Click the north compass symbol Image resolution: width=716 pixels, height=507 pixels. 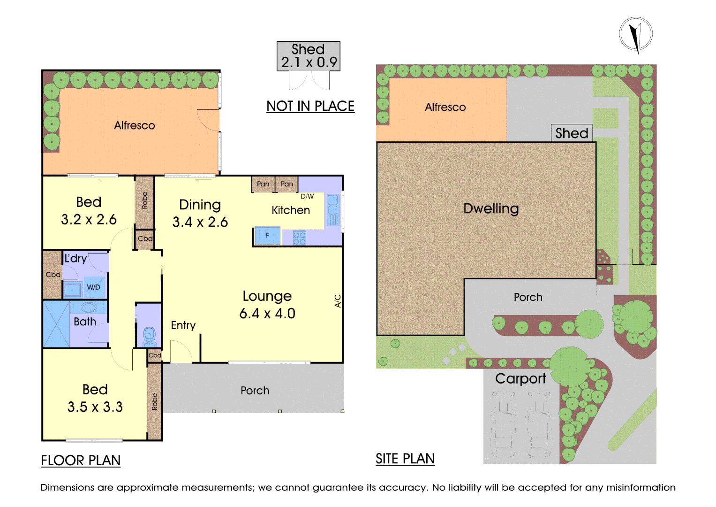point(636,35)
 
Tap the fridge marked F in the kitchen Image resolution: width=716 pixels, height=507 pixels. point(268,236)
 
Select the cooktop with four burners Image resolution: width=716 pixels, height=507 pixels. point(300,238)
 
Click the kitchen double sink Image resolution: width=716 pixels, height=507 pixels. point(333,210)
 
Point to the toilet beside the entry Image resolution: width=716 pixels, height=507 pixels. point(149,337)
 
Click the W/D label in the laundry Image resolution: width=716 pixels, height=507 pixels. point(93,287)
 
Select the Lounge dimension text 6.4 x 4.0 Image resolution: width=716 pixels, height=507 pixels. point(267,314)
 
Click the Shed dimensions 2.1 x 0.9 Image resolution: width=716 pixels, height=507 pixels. point(309,62)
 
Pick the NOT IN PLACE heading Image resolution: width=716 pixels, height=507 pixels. point(310,106)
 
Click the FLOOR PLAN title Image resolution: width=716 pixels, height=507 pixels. point(81,461)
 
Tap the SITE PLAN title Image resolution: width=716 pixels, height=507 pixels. point(405,459)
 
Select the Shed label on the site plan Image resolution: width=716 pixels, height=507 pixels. point(572,133)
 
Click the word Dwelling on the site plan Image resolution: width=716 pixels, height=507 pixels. point(491,209)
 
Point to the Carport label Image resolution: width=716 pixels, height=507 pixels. point(520,379)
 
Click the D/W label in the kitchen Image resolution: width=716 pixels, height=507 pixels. point(307,197)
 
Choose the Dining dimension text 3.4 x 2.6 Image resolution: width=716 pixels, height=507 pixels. point(200,222)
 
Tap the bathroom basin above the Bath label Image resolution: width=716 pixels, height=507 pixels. point(89,308)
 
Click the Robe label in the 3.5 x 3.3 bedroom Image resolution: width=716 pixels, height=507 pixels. point(155,401)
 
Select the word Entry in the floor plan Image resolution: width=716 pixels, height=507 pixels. point(183,325)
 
